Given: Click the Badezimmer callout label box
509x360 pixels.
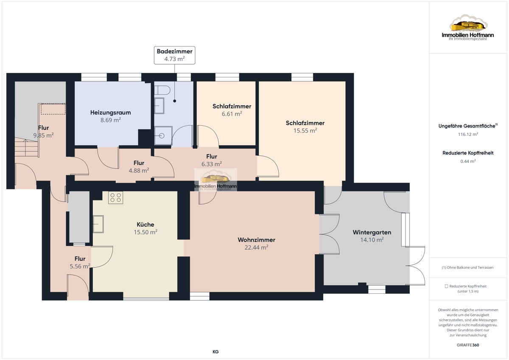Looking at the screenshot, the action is point(174,55).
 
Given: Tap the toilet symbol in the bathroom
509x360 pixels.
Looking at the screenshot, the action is point(162,90).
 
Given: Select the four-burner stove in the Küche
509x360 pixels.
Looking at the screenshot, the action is point(115,197).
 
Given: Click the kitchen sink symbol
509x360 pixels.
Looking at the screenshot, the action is point(98,224).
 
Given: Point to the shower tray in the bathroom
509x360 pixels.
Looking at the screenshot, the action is point(163,135).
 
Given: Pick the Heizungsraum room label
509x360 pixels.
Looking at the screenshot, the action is point(110,112).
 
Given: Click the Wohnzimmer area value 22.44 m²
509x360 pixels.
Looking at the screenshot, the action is point(256,247).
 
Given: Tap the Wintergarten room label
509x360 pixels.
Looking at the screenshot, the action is point(372,232).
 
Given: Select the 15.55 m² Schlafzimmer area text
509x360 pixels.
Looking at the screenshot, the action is point(305,130).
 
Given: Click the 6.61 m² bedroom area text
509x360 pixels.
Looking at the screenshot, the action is point(232,114).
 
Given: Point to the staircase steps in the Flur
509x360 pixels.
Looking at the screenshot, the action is point(27,147).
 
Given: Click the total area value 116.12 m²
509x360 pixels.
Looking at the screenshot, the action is point(468,135).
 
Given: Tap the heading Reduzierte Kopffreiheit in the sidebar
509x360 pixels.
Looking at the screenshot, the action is point(468,153).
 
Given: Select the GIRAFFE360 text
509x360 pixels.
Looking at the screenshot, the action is point(468,345).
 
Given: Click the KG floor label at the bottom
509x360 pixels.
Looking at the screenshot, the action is point(215,352).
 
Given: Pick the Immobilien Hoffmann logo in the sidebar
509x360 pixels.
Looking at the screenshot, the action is point(468,28).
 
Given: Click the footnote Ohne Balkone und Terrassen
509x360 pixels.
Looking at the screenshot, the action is point(467,267).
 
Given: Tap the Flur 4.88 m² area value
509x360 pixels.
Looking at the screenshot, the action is point(139,170).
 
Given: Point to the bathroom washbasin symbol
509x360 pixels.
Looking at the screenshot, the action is point(159,106).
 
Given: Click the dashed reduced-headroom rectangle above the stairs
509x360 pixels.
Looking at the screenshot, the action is point(53,109).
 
